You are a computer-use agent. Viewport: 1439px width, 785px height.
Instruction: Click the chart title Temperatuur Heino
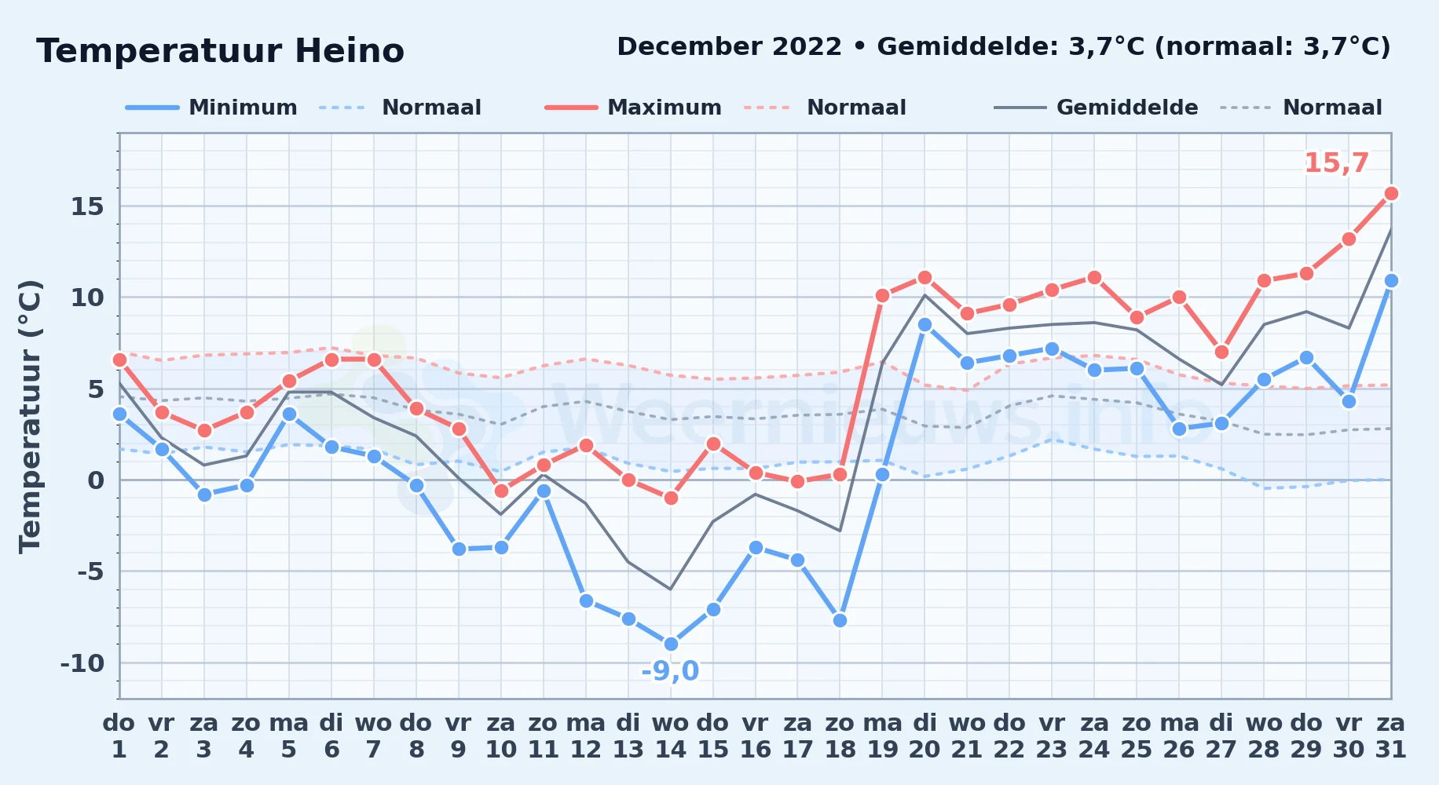coord(220,51)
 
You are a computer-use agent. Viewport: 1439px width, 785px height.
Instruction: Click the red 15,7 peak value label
coord(1336,163)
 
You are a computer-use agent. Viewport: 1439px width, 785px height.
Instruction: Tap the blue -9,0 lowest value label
coord(670,671)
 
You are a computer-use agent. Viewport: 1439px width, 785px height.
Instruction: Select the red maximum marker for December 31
coord(1391,193)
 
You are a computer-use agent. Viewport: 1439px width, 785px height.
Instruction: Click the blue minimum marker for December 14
coord(671,644)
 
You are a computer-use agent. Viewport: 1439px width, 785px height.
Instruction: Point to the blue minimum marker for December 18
coord(840,620)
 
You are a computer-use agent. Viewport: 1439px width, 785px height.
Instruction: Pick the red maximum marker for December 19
coord(882,296)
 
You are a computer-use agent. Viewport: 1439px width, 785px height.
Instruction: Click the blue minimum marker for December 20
coord(925,324)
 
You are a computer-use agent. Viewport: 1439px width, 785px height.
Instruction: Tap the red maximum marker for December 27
coord(1221,352)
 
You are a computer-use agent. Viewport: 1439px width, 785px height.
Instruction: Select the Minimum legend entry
coord(211,108)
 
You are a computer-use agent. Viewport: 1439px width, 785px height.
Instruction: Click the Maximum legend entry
coord(633,108)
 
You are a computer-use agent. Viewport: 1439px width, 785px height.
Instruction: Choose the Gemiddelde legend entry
coord(1096,108)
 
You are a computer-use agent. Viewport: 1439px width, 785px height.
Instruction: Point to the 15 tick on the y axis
coord(87,206)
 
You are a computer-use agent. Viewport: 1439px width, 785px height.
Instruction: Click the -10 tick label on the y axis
coord(82,663)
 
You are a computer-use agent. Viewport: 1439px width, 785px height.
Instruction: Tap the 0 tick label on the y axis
coord(96,480)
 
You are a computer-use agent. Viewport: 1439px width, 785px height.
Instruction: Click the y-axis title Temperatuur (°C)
coord(30,416)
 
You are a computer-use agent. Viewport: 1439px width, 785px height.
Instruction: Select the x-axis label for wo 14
coord(671,736)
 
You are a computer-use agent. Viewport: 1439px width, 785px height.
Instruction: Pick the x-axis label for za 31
coord(1391,736)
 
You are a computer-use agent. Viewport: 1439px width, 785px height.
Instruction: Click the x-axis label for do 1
coord(119,736)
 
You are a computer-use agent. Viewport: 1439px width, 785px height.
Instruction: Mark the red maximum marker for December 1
coord(119,360)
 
